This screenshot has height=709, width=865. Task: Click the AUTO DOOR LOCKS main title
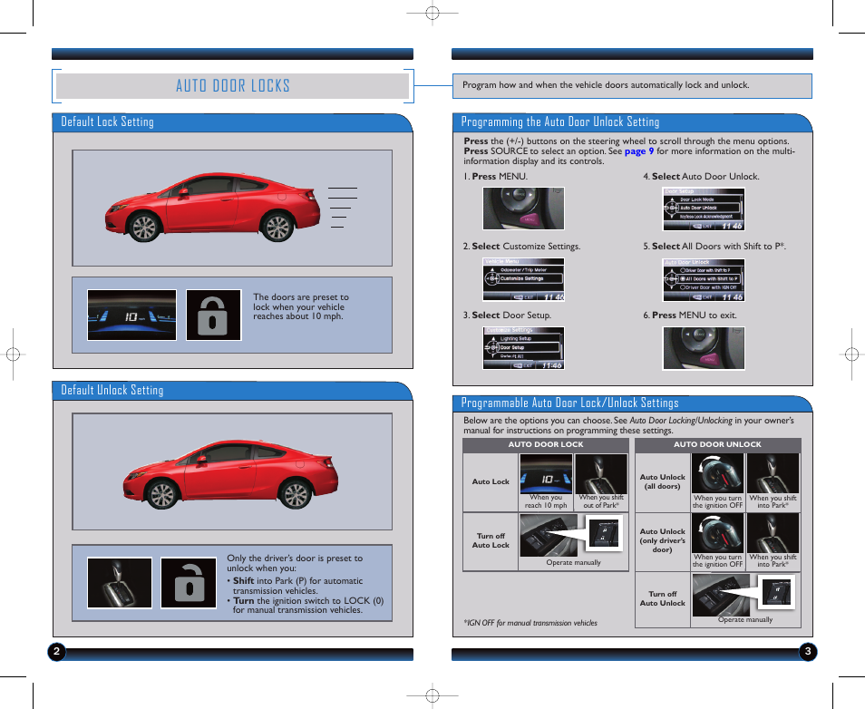233,86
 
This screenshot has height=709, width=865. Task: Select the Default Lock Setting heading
107,121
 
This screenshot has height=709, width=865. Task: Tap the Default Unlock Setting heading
112,390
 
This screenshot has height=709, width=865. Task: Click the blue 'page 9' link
638,151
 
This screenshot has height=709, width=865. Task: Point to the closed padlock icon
214,315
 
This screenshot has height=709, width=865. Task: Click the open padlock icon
189,583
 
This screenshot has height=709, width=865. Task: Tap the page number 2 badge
57,651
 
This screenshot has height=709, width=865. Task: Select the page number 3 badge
807,651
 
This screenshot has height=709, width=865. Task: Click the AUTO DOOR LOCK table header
545,445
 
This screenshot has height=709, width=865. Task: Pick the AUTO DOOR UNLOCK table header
717,445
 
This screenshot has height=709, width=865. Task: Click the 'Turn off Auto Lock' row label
491,541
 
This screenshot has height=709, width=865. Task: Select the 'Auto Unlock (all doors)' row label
662,481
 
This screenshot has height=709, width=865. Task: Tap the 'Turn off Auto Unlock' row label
662,598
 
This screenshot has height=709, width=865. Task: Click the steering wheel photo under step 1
523,209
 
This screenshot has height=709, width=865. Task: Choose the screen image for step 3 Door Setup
522,348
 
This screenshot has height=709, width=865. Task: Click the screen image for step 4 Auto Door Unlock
703,209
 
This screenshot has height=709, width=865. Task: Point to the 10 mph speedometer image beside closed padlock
131,315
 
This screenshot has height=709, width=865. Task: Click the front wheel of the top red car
144,228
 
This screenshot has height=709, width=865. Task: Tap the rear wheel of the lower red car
295,493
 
